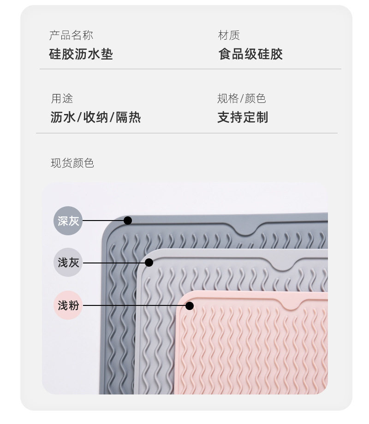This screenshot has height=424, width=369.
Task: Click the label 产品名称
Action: tap(71, 36)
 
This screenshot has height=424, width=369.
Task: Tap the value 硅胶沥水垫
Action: tap(81, 54)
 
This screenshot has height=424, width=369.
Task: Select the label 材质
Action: tap(229, 36)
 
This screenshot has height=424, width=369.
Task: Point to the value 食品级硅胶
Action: tap(250, 54)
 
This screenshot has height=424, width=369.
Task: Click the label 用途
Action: tap(62, 99)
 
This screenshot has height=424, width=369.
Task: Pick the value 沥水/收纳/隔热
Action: tap(95, 117)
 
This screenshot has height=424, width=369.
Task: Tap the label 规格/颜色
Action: tap(241, 99)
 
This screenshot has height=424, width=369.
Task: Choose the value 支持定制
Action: tap(242, 117)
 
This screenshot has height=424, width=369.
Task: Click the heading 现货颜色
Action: tap(72, 163)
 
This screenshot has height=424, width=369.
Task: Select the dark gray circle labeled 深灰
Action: tap(68, 221)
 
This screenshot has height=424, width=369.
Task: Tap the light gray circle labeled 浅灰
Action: tap(68, 263)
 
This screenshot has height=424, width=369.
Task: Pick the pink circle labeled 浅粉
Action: tap(68, 305)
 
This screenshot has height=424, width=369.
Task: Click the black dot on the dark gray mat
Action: tap(128, 221)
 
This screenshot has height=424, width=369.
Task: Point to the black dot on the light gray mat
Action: tap(149, 263)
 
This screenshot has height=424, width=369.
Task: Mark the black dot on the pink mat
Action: tap(189, 305)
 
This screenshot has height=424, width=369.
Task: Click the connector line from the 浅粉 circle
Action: tap(134, 305)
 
